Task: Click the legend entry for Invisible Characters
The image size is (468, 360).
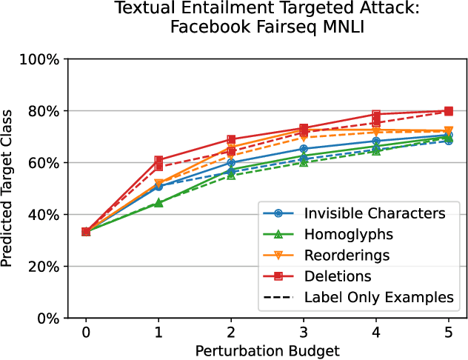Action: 373,213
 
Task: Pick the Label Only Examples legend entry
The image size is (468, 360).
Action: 378,297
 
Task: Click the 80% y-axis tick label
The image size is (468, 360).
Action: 45,111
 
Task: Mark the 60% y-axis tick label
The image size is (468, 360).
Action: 45,163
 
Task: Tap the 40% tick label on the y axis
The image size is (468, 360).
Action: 45,215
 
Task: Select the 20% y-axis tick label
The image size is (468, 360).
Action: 45,267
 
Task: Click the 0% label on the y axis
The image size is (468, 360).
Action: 49,319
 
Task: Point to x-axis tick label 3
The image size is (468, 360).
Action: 304,333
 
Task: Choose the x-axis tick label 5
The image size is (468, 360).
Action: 449,333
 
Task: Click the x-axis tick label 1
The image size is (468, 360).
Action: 158,333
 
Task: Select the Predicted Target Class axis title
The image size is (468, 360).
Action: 10,188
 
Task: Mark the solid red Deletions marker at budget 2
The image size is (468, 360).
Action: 231,139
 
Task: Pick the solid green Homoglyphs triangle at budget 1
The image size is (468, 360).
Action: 158,202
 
